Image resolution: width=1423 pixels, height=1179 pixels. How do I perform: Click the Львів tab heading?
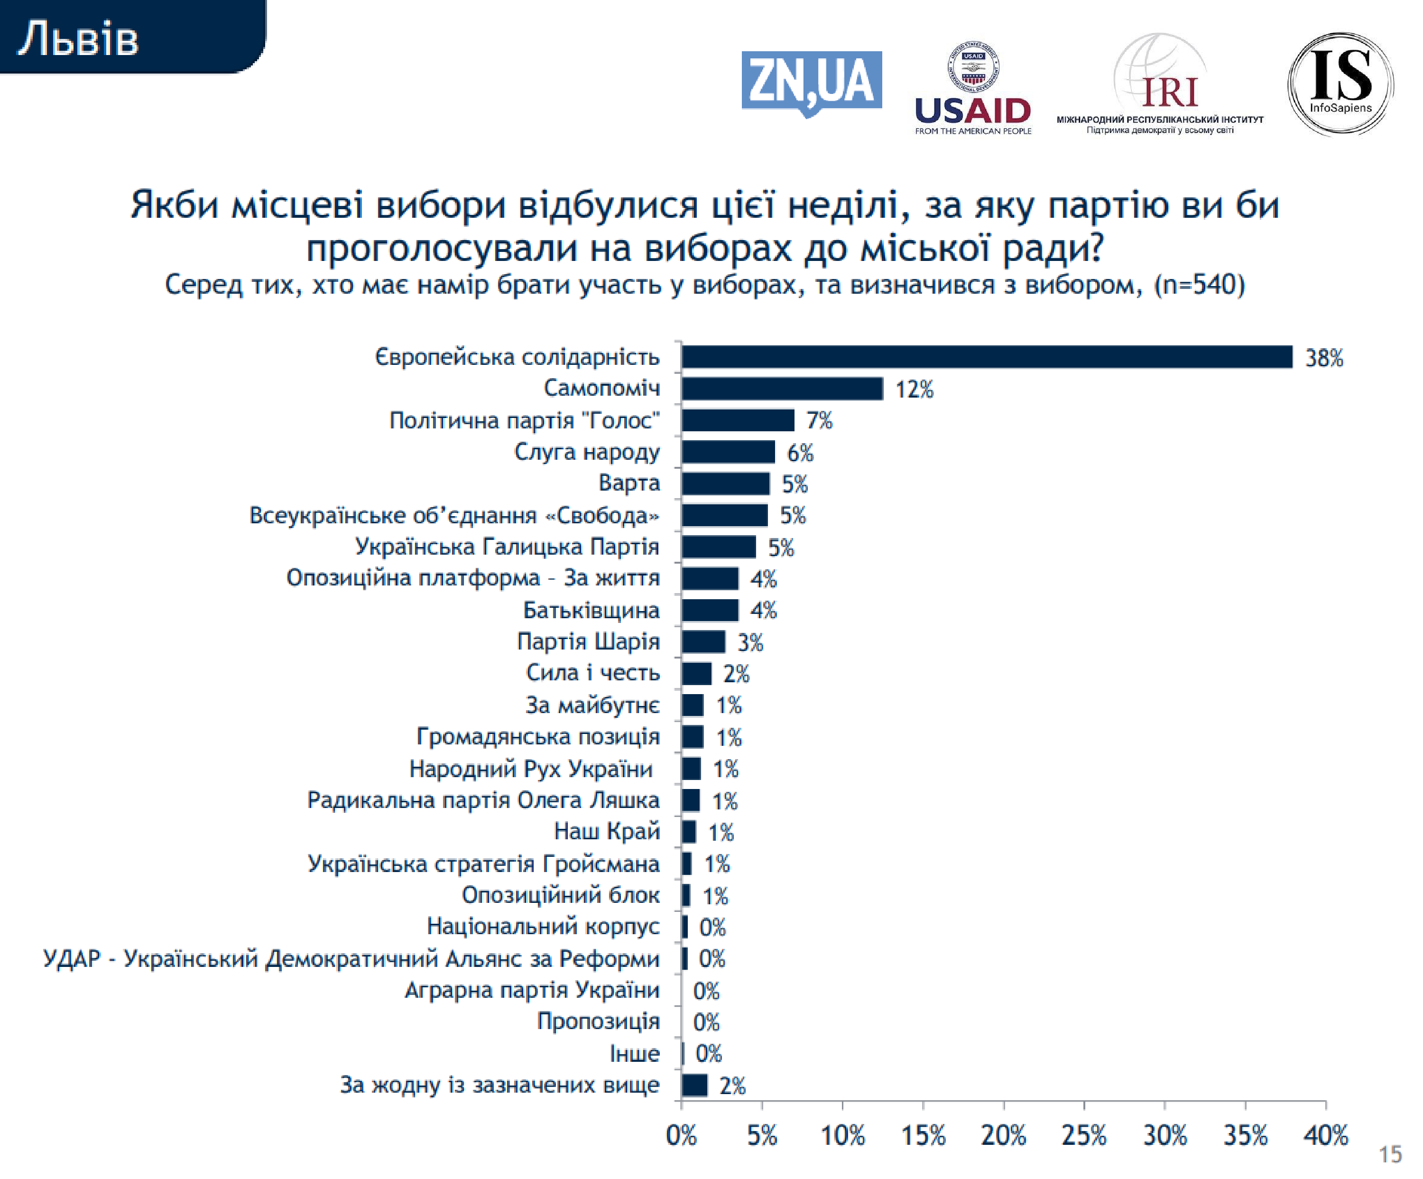coord(78,38)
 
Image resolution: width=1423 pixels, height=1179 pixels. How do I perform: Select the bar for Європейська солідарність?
coord(986,357)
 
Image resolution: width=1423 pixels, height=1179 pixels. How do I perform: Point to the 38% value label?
coord(1323,358)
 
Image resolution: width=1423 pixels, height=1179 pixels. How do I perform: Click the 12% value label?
coord(914,390)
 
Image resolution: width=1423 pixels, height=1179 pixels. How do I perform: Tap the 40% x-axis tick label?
coord(1325,1135)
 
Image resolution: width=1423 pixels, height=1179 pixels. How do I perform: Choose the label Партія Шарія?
coord(588,641)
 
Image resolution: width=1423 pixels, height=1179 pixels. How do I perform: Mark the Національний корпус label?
coord(543,926)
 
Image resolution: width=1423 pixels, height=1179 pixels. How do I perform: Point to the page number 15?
coord(1390,1154)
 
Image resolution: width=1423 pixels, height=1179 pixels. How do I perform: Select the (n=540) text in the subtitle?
coord(1200,285)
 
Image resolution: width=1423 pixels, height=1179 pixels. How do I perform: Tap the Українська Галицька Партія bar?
coord(718,547)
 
